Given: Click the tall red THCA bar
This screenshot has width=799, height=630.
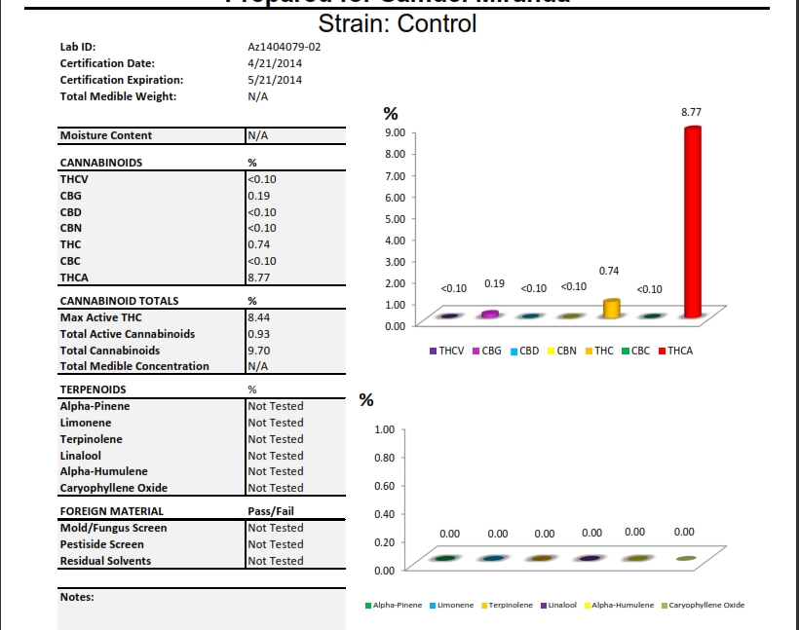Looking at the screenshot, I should click(692, 224).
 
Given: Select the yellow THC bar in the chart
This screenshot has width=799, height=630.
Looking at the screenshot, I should click(612, 309).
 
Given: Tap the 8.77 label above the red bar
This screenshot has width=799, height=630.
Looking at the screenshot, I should click(691, 113).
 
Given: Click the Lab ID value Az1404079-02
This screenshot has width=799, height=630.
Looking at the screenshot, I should click(285, 47).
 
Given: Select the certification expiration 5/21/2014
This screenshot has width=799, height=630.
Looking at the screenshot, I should click(275, 80).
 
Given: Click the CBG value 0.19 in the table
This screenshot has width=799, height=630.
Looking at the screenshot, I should click(259, 196).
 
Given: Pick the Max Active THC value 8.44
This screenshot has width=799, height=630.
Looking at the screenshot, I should click(259, 317).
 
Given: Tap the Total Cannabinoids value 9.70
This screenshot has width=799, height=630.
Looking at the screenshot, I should click(259, 351).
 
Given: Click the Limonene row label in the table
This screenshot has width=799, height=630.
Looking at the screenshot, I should click(86, 423).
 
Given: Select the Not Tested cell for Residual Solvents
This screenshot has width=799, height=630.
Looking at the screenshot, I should click(276, 561).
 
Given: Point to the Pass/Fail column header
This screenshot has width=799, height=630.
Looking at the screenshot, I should click(271, 511).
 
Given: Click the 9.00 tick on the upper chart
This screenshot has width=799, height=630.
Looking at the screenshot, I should click(395, 132).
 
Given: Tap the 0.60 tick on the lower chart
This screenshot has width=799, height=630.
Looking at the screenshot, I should click(385, 485).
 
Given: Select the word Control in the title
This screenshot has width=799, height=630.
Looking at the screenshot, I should click(436, 24).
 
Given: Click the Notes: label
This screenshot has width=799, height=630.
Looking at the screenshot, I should click(77, 597).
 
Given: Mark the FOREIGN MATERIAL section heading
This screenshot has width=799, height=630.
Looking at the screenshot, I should click(112, 511).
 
